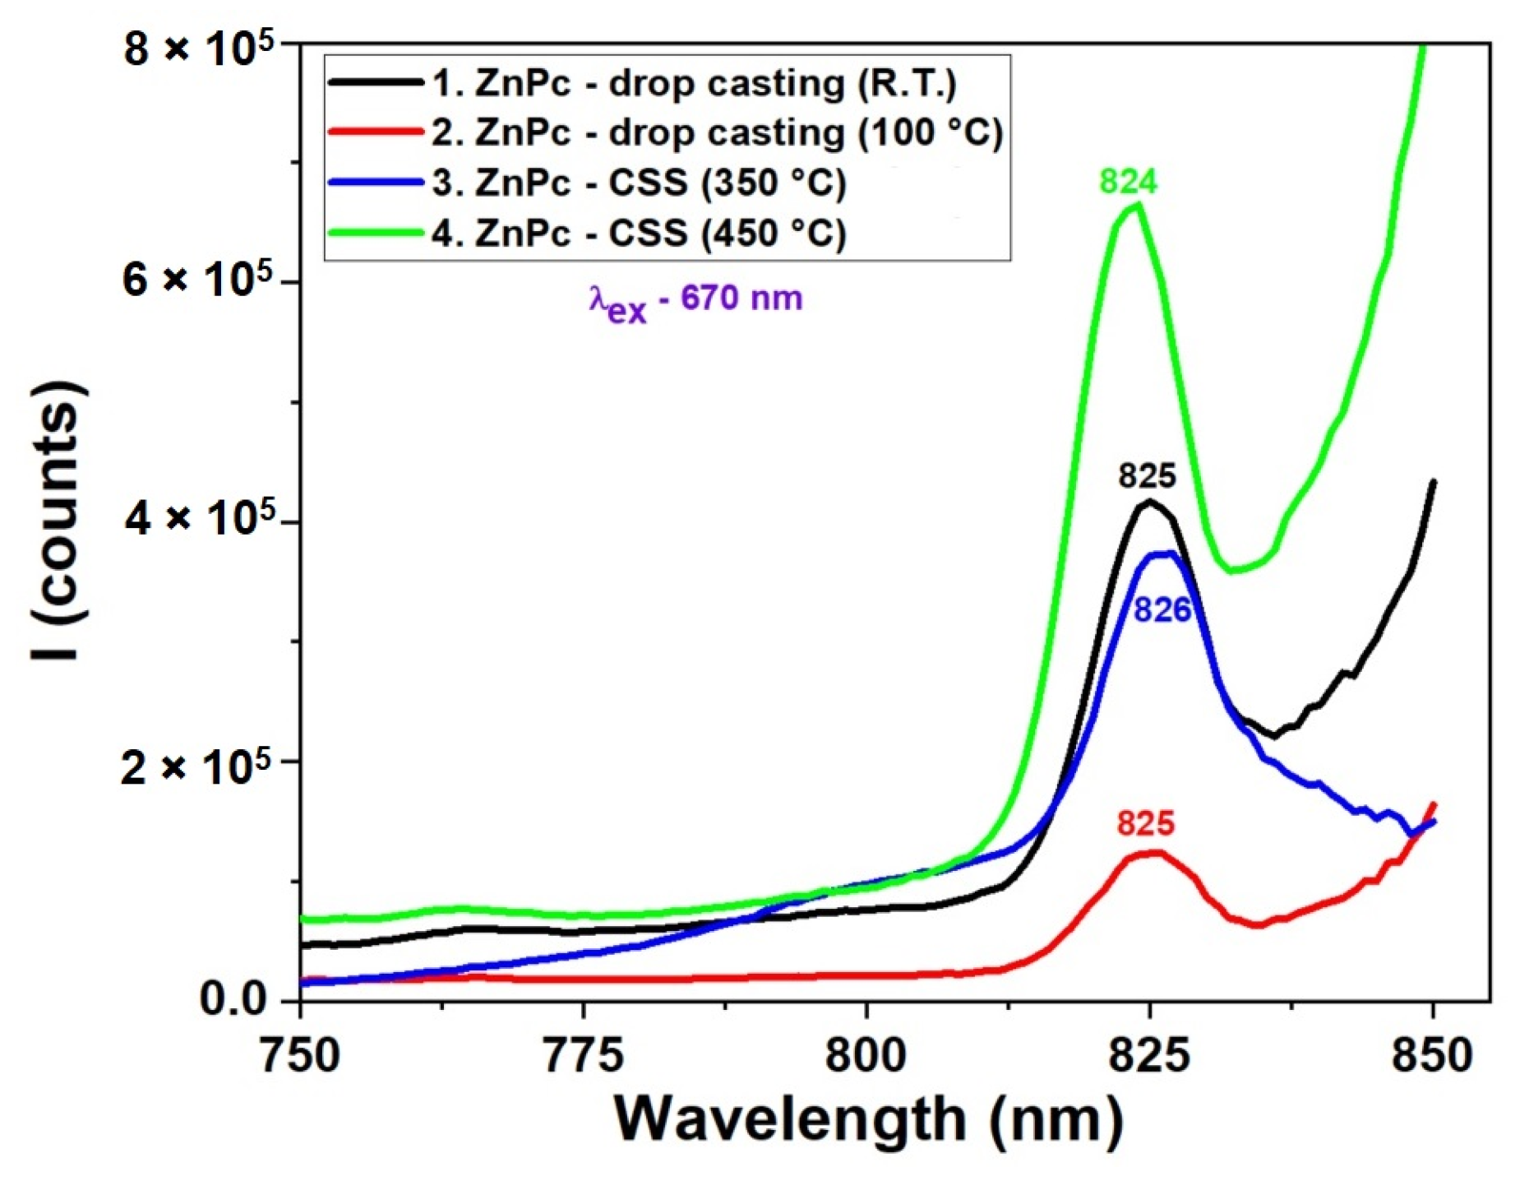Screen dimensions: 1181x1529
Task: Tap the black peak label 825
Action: (x=1147, y=476)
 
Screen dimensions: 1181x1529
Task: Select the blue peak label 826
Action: (x=1162, y=609)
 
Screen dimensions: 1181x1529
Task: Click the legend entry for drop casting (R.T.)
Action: (x=695, y=83)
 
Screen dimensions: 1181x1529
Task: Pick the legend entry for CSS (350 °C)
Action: (x=639, y=183)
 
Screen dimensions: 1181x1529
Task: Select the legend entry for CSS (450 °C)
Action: (x=639, y=233)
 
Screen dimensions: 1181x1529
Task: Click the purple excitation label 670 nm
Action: (x=695, y=300)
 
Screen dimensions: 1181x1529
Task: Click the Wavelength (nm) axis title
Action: (x=868, y=1119)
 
